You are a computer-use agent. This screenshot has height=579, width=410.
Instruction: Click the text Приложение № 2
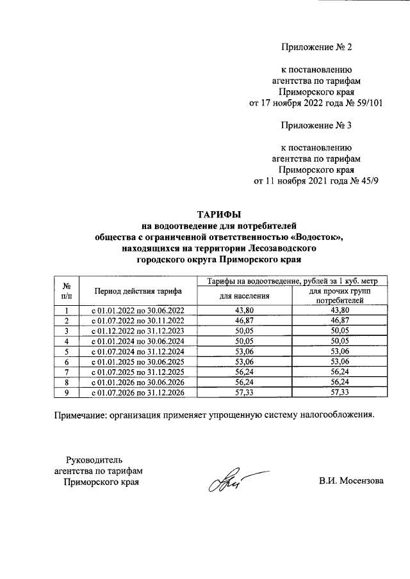317,47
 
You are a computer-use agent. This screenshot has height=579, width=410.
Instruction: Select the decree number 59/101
368,104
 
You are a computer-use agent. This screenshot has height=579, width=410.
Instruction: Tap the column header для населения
244,296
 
